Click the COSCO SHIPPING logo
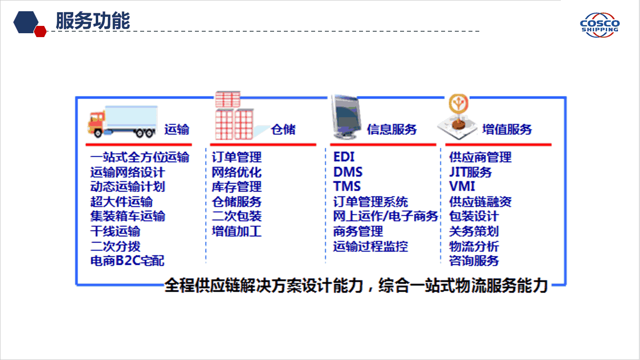(x=600, y=25)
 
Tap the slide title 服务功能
(x=93, y=21)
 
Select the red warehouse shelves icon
(x=235, y=115)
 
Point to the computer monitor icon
(x=346, y=117)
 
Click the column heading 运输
(x=177, y=129)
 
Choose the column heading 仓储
(x=283, y=129)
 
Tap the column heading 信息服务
(x=392, y=129)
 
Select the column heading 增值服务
(x=507, y=129)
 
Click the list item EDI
(x=344, y=157)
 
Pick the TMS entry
(x=347, y=186)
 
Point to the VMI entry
(x=462, y=186)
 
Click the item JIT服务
(x=470, y=172)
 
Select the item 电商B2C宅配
(x=128, y=260)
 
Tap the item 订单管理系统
(x=371, y=202)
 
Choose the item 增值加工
(x=236, y=231)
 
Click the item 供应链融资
(x=480, y=202)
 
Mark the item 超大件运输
(x=122, y=202)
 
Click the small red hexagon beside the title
(x=40, y=31)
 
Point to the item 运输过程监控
(x=371, y=246)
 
